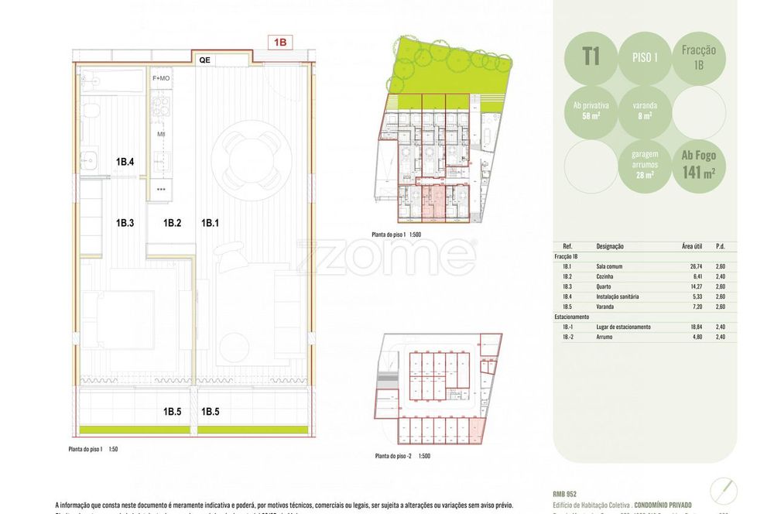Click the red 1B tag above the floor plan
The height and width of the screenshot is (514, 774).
[279, 43]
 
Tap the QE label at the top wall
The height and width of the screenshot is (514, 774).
[205, 60]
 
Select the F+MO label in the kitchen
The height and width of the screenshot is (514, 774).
[161, 78]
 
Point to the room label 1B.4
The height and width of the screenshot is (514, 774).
[125, 163]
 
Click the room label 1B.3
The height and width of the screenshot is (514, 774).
[125, 224]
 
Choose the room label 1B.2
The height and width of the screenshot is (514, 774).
[172, 224]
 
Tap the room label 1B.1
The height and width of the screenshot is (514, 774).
[210, 224]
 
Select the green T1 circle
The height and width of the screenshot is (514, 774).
[591, 57]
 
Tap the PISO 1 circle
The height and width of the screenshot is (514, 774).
[645, 57]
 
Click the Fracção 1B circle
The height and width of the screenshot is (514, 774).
[699, 57]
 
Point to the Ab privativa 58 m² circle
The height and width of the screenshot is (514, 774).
[591, 111]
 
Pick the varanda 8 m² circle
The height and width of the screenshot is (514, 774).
[645, 111]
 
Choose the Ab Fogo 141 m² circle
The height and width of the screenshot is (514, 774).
[699, 164]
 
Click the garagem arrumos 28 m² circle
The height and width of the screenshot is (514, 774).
[645, 164]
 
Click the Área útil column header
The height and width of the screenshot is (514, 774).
[691, 246]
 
